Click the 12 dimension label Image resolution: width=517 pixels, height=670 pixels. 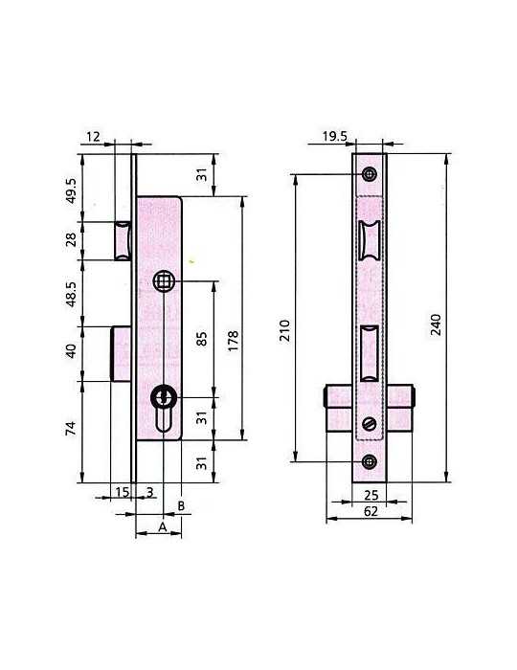click(x=93, y=137)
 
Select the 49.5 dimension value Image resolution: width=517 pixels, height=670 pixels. click(x=71, y=190)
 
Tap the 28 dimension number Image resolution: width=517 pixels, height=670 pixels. click(x=71, y=239)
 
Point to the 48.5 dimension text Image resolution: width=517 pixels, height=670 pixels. click(x=71, y=294)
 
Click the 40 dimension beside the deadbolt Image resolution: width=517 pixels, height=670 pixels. click(x=71, y=351)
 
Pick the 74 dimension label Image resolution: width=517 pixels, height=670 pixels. click(x=71, y=428)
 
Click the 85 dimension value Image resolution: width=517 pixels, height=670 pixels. click(x=202, y=339)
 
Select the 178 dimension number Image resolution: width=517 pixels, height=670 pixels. click(x=233, y=341)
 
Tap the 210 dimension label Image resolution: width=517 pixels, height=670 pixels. click(x=285, y=330)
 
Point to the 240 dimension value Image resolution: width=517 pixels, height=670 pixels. click(x=436, y=324)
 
